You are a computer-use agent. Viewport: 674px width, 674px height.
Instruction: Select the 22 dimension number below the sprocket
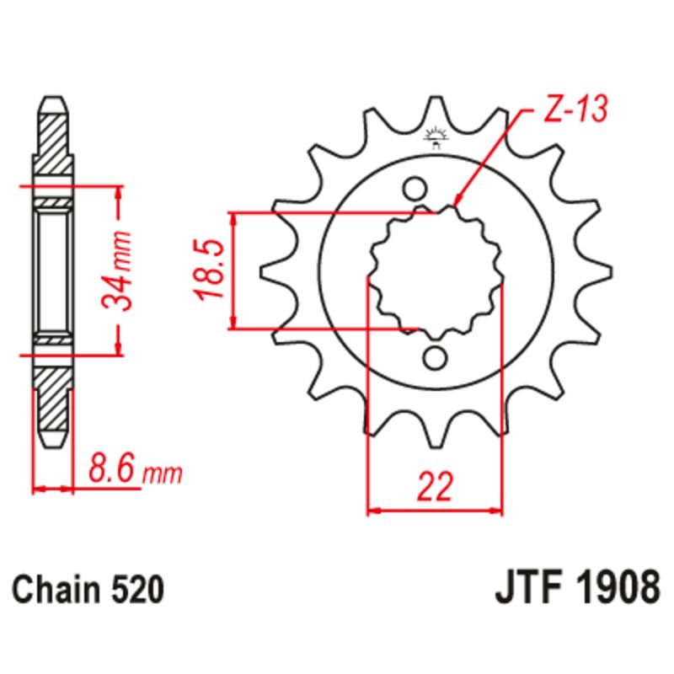435,487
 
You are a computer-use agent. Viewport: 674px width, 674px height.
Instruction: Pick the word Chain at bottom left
56,589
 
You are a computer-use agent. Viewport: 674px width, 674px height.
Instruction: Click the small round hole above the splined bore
414,186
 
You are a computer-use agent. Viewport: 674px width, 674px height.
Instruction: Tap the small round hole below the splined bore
435,358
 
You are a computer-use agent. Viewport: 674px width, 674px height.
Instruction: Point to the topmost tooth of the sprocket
436,110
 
